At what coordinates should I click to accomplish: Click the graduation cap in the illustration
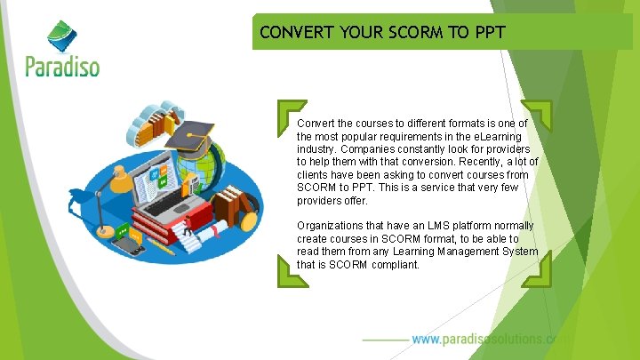coord(191,135)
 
